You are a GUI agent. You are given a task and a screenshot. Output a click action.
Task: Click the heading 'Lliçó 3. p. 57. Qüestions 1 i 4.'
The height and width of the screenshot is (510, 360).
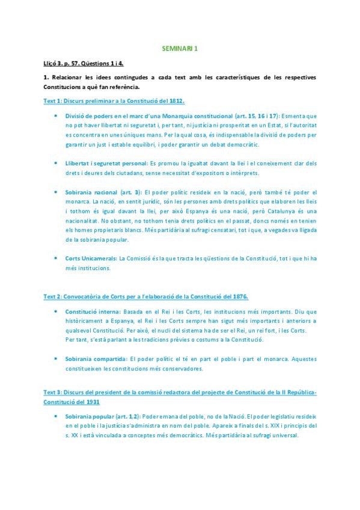click(x=84, y=63)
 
